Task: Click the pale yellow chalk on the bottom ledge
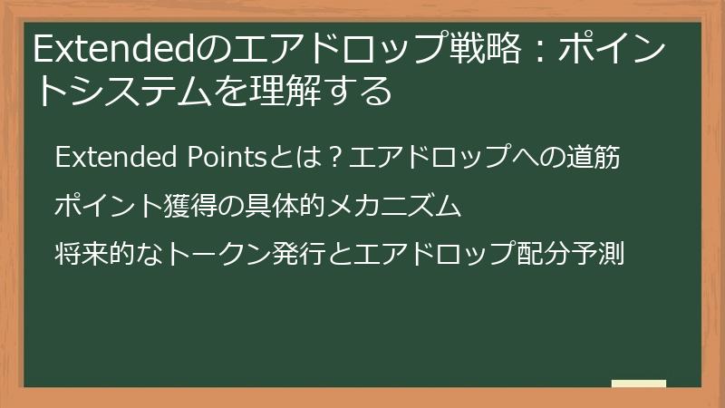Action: (639, 384)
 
